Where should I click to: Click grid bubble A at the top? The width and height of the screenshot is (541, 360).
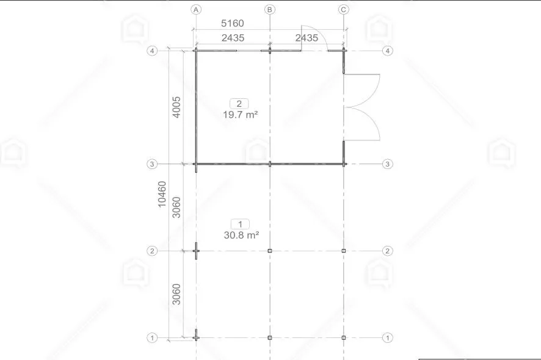coord(196,9)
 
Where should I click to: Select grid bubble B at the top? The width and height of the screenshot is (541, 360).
coord(270,9)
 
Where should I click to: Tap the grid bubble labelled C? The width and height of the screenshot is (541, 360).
coord(344,9)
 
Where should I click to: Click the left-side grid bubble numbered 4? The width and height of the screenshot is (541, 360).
coord(153,51)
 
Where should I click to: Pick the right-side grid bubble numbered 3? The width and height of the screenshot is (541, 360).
coord(387,164)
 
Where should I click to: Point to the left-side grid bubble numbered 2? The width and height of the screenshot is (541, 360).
coord(153,251)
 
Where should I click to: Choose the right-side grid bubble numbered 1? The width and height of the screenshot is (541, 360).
coord(387,337)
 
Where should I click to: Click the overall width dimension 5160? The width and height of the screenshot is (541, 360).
coord(231,24)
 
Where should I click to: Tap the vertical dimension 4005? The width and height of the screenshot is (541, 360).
coord(176,107)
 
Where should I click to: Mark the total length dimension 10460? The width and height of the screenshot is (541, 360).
coord(162,194)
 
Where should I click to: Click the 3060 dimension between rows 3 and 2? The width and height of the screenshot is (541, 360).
coord(176,207)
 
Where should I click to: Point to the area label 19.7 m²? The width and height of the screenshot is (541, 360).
coord(239,114)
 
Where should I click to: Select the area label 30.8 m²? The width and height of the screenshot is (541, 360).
coord(239,234)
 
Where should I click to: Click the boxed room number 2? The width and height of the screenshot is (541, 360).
coord(239,103)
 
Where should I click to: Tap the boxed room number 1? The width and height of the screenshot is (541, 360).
coord(239,223)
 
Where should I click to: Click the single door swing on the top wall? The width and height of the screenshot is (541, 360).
coord(314,39)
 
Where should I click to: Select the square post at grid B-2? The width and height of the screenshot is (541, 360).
coord(270,251)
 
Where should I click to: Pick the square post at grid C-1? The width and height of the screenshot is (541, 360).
coord(344,337)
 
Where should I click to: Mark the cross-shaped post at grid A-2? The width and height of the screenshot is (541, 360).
coord(196,250)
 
